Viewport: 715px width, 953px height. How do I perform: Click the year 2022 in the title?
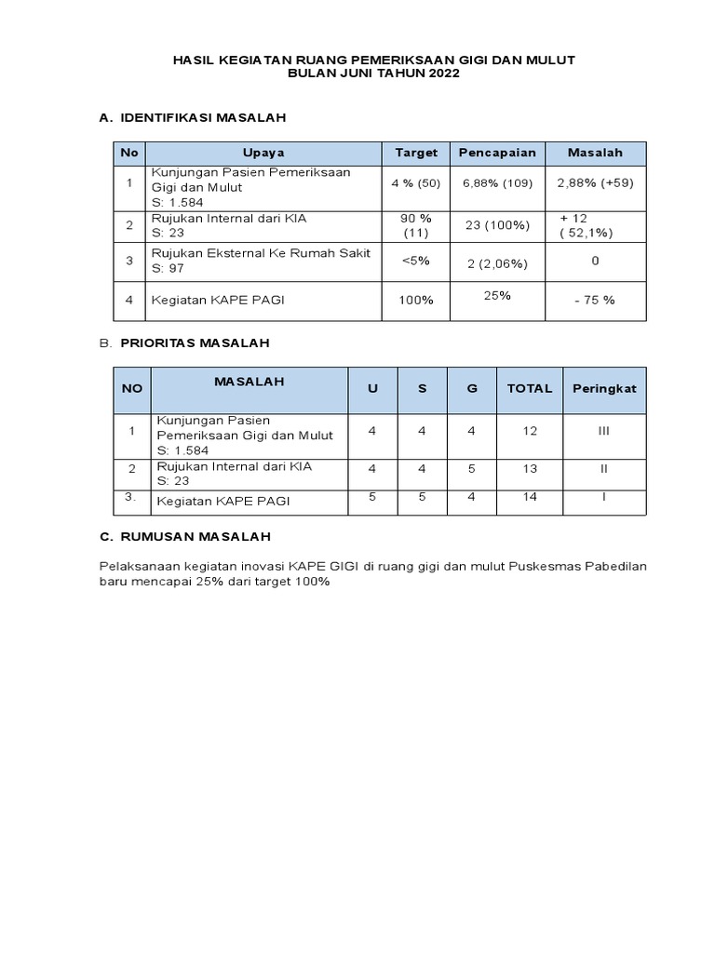coord(444,74)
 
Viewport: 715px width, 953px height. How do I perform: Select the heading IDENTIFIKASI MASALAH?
coord(203,118)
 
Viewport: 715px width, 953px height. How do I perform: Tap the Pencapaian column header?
coord(496,153)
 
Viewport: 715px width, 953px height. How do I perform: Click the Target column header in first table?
coord(416,153)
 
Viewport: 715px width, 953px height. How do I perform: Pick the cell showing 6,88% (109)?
coord(497,183)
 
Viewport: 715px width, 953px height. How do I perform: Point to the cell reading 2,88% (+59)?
coord(595,183)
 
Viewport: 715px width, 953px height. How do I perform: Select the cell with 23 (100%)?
coord(497,225)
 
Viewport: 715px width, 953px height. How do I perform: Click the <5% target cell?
coord(416,261)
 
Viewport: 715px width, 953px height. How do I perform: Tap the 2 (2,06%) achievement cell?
coord(497,263)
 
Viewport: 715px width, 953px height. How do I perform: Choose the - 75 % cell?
coord(595,300)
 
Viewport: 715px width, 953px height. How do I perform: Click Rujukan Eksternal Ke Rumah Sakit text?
coord(261,253)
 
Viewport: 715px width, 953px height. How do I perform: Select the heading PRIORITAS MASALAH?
coord(195,342)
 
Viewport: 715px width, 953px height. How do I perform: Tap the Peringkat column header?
coord(604,388)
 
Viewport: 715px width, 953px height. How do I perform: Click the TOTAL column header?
coord(529,388)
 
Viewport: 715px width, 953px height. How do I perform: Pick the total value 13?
coord(530,469)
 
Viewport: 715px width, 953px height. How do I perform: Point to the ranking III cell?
coord(604,431)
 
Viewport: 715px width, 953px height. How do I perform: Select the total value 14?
coord(530,497)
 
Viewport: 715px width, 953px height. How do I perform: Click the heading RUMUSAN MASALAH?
coord(196,537)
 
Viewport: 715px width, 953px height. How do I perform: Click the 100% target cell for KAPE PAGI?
coord(416,300)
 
